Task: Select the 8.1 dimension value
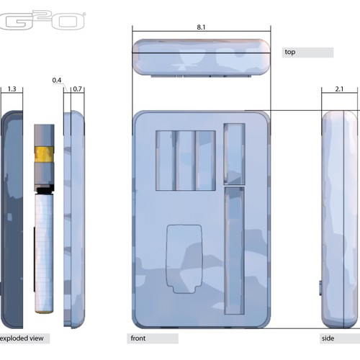[x=201, y=27]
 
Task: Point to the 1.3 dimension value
[x=12, y=89]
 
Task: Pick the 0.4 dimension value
[x=57, y=81]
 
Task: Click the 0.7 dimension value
[x=78, y=89]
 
